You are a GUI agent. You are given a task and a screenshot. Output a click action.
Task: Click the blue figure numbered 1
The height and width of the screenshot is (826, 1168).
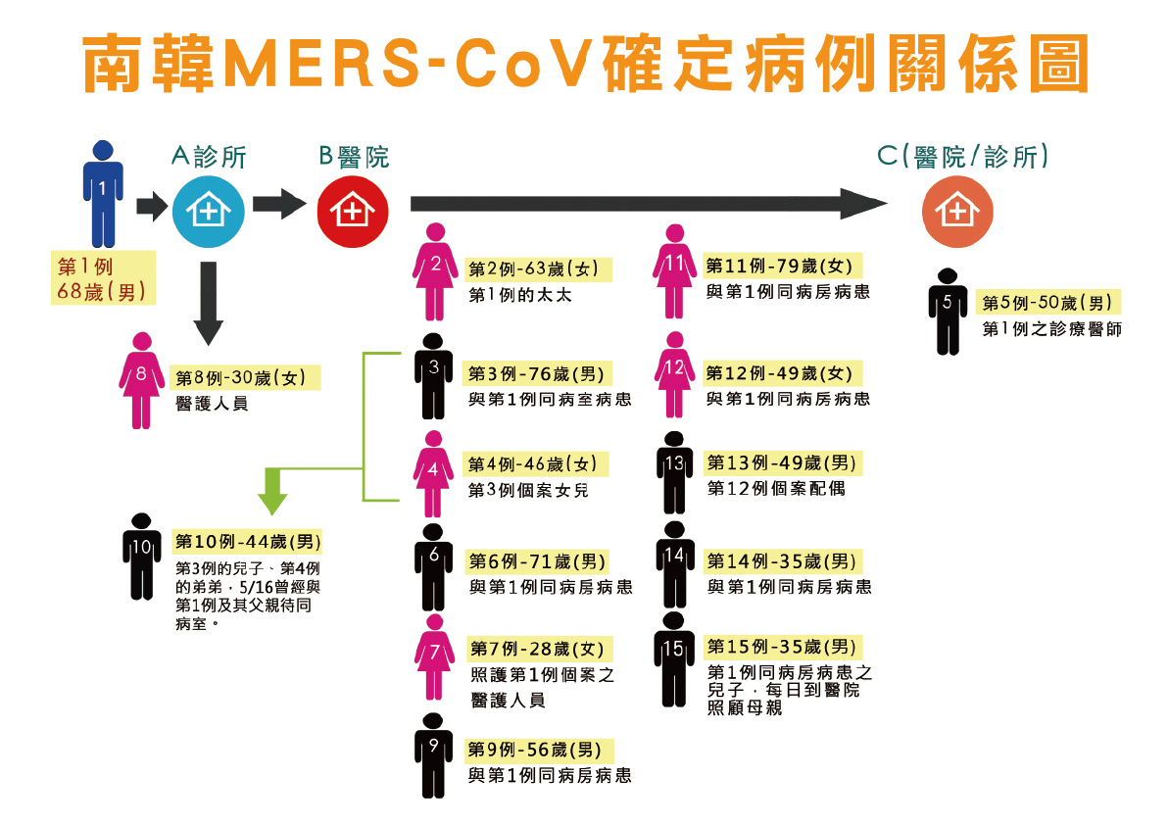[102, 193]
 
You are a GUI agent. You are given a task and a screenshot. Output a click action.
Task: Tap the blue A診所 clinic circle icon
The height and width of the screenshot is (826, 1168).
[208, 210]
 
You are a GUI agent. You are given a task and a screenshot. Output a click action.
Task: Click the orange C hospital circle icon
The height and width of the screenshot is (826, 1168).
[957, 210]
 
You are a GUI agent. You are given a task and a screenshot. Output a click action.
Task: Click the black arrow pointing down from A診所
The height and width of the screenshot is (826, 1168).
[208, 304]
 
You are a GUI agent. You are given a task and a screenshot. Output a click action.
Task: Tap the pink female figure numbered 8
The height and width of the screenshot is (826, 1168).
[142, 380]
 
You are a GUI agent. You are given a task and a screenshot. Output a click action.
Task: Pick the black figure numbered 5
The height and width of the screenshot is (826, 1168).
[947, 311]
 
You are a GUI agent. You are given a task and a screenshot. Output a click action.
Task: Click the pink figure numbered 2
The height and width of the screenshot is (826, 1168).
[436, 271]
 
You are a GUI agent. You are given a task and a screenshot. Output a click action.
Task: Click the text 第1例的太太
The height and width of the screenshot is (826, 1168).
[519, 294]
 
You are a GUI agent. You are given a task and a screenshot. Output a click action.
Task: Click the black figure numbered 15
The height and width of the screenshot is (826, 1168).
[673, 657]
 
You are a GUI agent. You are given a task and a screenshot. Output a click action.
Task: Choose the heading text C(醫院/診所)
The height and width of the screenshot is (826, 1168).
[963, 157]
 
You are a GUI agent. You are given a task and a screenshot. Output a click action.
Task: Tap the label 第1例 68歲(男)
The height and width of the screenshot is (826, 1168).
[104, 277]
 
